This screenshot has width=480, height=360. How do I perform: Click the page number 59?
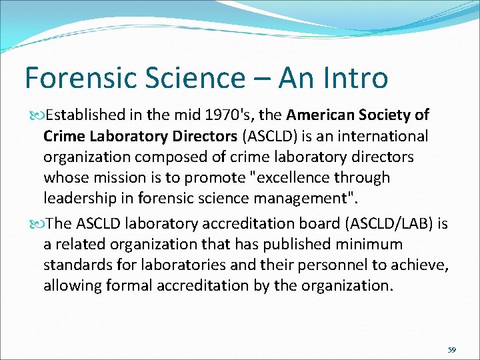(452, 349)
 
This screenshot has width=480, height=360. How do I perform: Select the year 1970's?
(219, 115)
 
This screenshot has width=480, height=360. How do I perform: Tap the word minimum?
(371, 245)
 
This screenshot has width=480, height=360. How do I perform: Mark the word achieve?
(421, 265)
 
